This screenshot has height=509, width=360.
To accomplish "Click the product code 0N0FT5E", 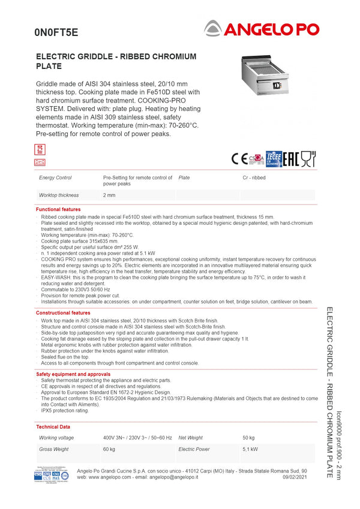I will pos(56,32).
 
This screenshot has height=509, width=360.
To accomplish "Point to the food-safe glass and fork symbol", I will pos(308,158).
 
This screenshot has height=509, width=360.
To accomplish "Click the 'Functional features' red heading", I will pos(58,209).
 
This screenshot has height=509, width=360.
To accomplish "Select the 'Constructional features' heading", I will pos(63,313).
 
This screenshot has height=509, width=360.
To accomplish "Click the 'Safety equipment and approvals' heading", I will pos(73,374).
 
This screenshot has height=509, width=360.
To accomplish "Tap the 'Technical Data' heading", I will pos(53,427).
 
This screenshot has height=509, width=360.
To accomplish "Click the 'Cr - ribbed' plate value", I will pos(254,178).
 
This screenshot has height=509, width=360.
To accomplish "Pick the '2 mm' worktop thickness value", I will pos(109,195).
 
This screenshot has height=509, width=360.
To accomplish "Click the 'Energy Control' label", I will pos(55,178).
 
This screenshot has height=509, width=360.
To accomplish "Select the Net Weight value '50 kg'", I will pos(248,438).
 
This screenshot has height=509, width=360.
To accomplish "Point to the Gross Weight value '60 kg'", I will pos(109,449).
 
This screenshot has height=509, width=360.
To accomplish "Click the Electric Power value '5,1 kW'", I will pos(250,449).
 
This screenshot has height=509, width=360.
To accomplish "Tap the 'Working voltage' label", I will pos(57,438).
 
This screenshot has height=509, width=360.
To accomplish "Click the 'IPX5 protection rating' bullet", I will pos(65,411).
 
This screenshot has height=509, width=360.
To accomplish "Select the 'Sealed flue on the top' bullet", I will pos(65,357).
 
